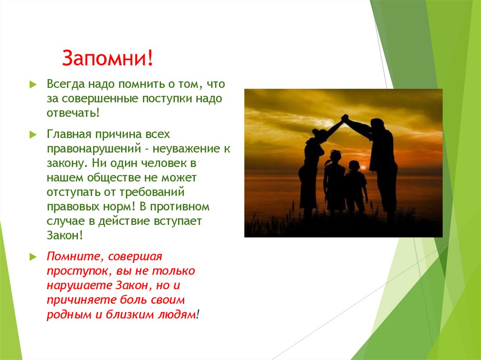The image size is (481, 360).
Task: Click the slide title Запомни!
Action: (108, 59)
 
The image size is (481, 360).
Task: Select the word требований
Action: (158, 192)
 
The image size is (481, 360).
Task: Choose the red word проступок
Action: (72, 271)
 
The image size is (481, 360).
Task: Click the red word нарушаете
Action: (79, 285)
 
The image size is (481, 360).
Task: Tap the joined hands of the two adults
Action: (345, 117)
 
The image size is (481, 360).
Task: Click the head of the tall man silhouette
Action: (377, 124)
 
